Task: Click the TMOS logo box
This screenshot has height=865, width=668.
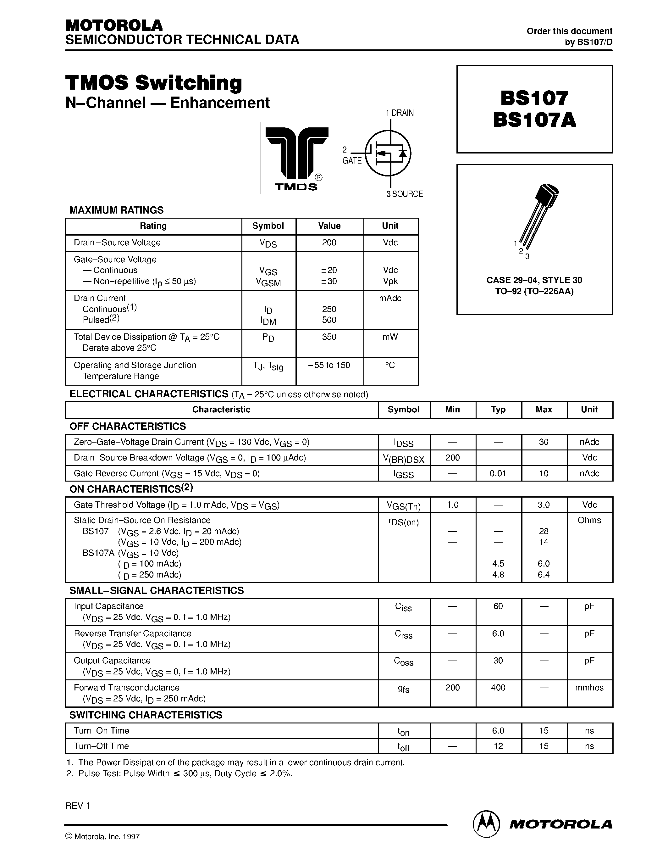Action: point(296,158)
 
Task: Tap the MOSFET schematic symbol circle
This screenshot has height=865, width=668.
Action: point(388,153)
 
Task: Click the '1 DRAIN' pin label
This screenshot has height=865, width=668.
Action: point(400,113)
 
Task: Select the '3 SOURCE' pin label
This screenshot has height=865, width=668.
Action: point(405,194)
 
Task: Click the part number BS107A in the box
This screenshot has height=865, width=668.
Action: point(534,120)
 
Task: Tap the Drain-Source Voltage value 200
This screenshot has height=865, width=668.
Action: point(329,243)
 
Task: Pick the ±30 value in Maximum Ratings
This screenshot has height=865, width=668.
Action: point(329,281)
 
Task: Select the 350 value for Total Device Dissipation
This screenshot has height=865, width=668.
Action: point(329,337)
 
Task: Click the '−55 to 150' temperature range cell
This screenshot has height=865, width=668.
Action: point(329,365)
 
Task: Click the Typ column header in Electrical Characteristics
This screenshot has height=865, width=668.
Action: point(498,410)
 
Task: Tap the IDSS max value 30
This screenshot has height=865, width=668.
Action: point(543,442)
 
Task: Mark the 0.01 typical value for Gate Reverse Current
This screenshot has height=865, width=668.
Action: point(498,473)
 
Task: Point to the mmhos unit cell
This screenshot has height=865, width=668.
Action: point(589,688)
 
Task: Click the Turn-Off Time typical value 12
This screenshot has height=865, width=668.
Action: point(498,746)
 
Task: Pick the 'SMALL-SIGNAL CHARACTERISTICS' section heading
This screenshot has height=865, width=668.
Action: point(156,590)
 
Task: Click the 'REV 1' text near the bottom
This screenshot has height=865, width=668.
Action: point(78,806)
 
